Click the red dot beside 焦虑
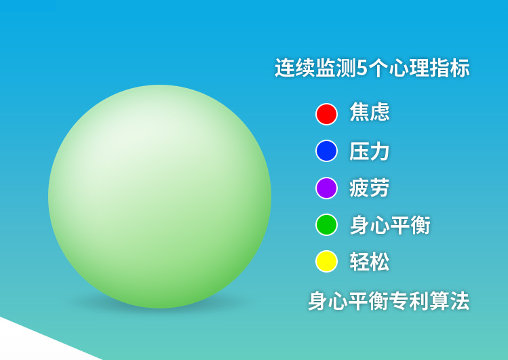click(327, 114)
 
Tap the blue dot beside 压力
click(327, 151)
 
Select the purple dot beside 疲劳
click(327, 188)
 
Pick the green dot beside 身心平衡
click(327, 224)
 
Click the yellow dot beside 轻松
click(327, 261)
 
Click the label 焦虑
click(370, 112)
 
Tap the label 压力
click(370, 151)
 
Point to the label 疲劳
click(370, 188)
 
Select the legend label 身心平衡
click(390, 225)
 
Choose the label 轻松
click(370, 262)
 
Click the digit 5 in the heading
click(362, 68)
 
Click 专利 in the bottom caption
click(409, 301)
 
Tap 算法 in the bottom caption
click(450, 301)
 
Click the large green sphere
click(159, 197)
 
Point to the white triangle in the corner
click(33, 343)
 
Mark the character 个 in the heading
click(378, 68)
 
